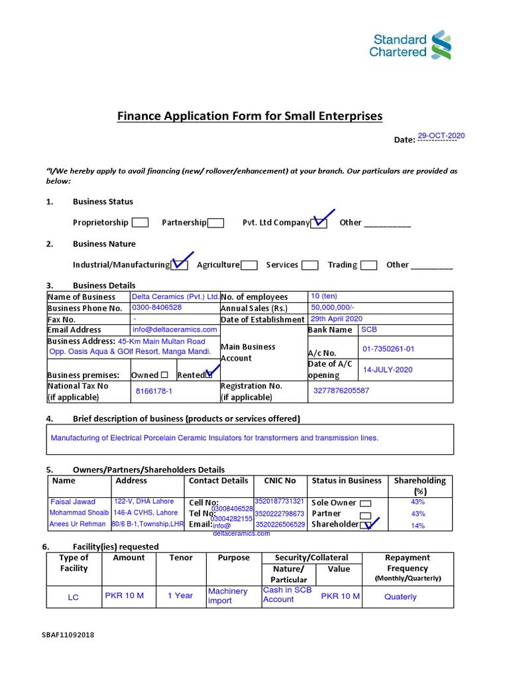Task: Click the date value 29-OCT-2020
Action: (x=441, y=135)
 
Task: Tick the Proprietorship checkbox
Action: (x=140, y=223)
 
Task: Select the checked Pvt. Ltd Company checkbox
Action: (x=319, y=223)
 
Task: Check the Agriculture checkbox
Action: (x=249, y=265)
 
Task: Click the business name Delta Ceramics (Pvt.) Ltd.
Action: (x=175, y=296)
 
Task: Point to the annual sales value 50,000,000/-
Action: (x=332, y=308)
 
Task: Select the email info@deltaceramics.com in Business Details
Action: (x=174, y=330)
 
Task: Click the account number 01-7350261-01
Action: (x=388, y=349)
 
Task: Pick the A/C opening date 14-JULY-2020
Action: (x=387, y=369)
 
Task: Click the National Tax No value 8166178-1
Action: (x=154, y=391)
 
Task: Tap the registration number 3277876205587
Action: (x=341, y=391)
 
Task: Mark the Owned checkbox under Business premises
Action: (x=164, y=375)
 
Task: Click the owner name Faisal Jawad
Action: (x=73, y=502)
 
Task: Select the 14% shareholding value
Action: (x=418, y=525)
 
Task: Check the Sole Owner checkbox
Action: (x=365, y=503)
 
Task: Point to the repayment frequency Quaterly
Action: (x=400, y=597)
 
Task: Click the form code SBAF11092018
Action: (x=68, y=635)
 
